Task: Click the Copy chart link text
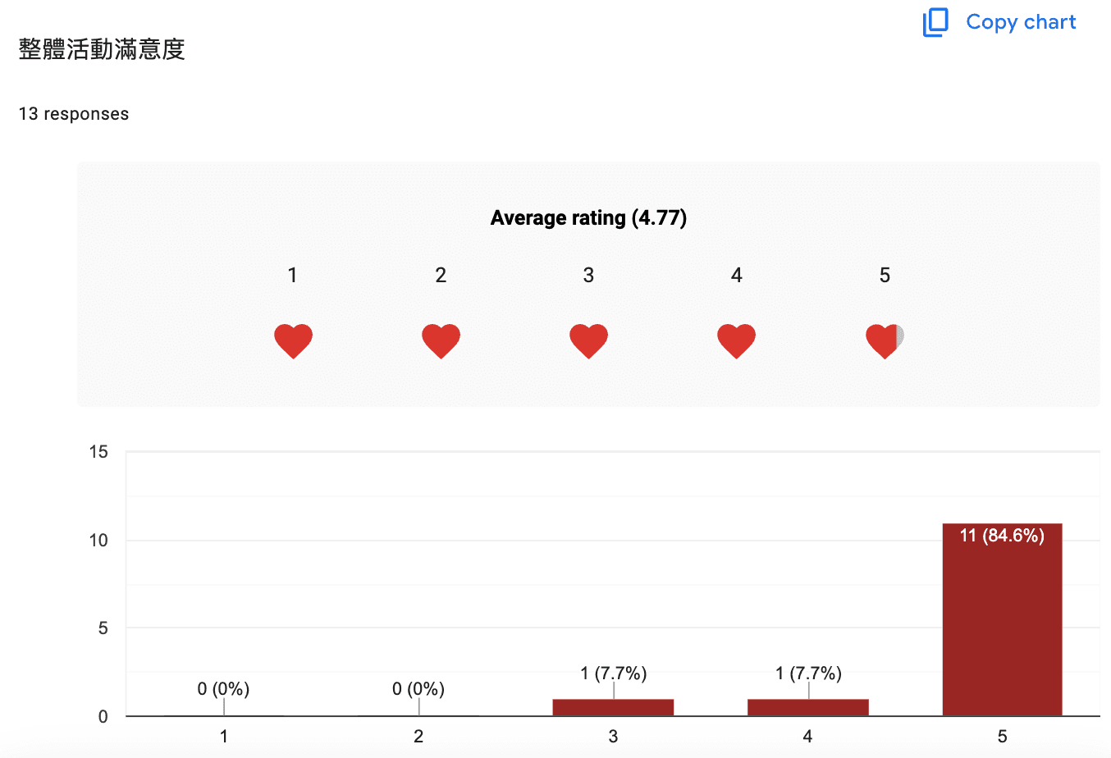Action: click(1021, 22)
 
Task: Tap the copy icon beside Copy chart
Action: click(935, 22)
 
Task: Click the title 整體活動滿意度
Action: click(102, 49)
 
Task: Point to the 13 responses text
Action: click(74, 114)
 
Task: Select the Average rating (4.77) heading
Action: click(588, 217)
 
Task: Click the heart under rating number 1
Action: click(293, 341)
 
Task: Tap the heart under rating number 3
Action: click(588, 341)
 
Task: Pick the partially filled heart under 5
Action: click(885, 341)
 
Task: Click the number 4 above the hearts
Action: click(737, 275)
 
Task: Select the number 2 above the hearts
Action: click(441, 275)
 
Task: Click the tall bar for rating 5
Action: click(1003, 619)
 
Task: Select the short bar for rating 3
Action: click(613, 707)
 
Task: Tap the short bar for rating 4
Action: click(808, 707)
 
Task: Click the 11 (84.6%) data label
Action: click(1003, 536)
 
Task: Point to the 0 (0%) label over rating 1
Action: click(223, 688)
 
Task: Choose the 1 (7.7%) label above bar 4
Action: click(808, 674)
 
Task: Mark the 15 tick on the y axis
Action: click(98, 452)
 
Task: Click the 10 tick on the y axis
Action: click(98, 541)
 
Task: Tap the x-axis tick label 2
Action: click(418, 737)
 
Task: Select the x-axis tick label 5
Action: click(1003, 737)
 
